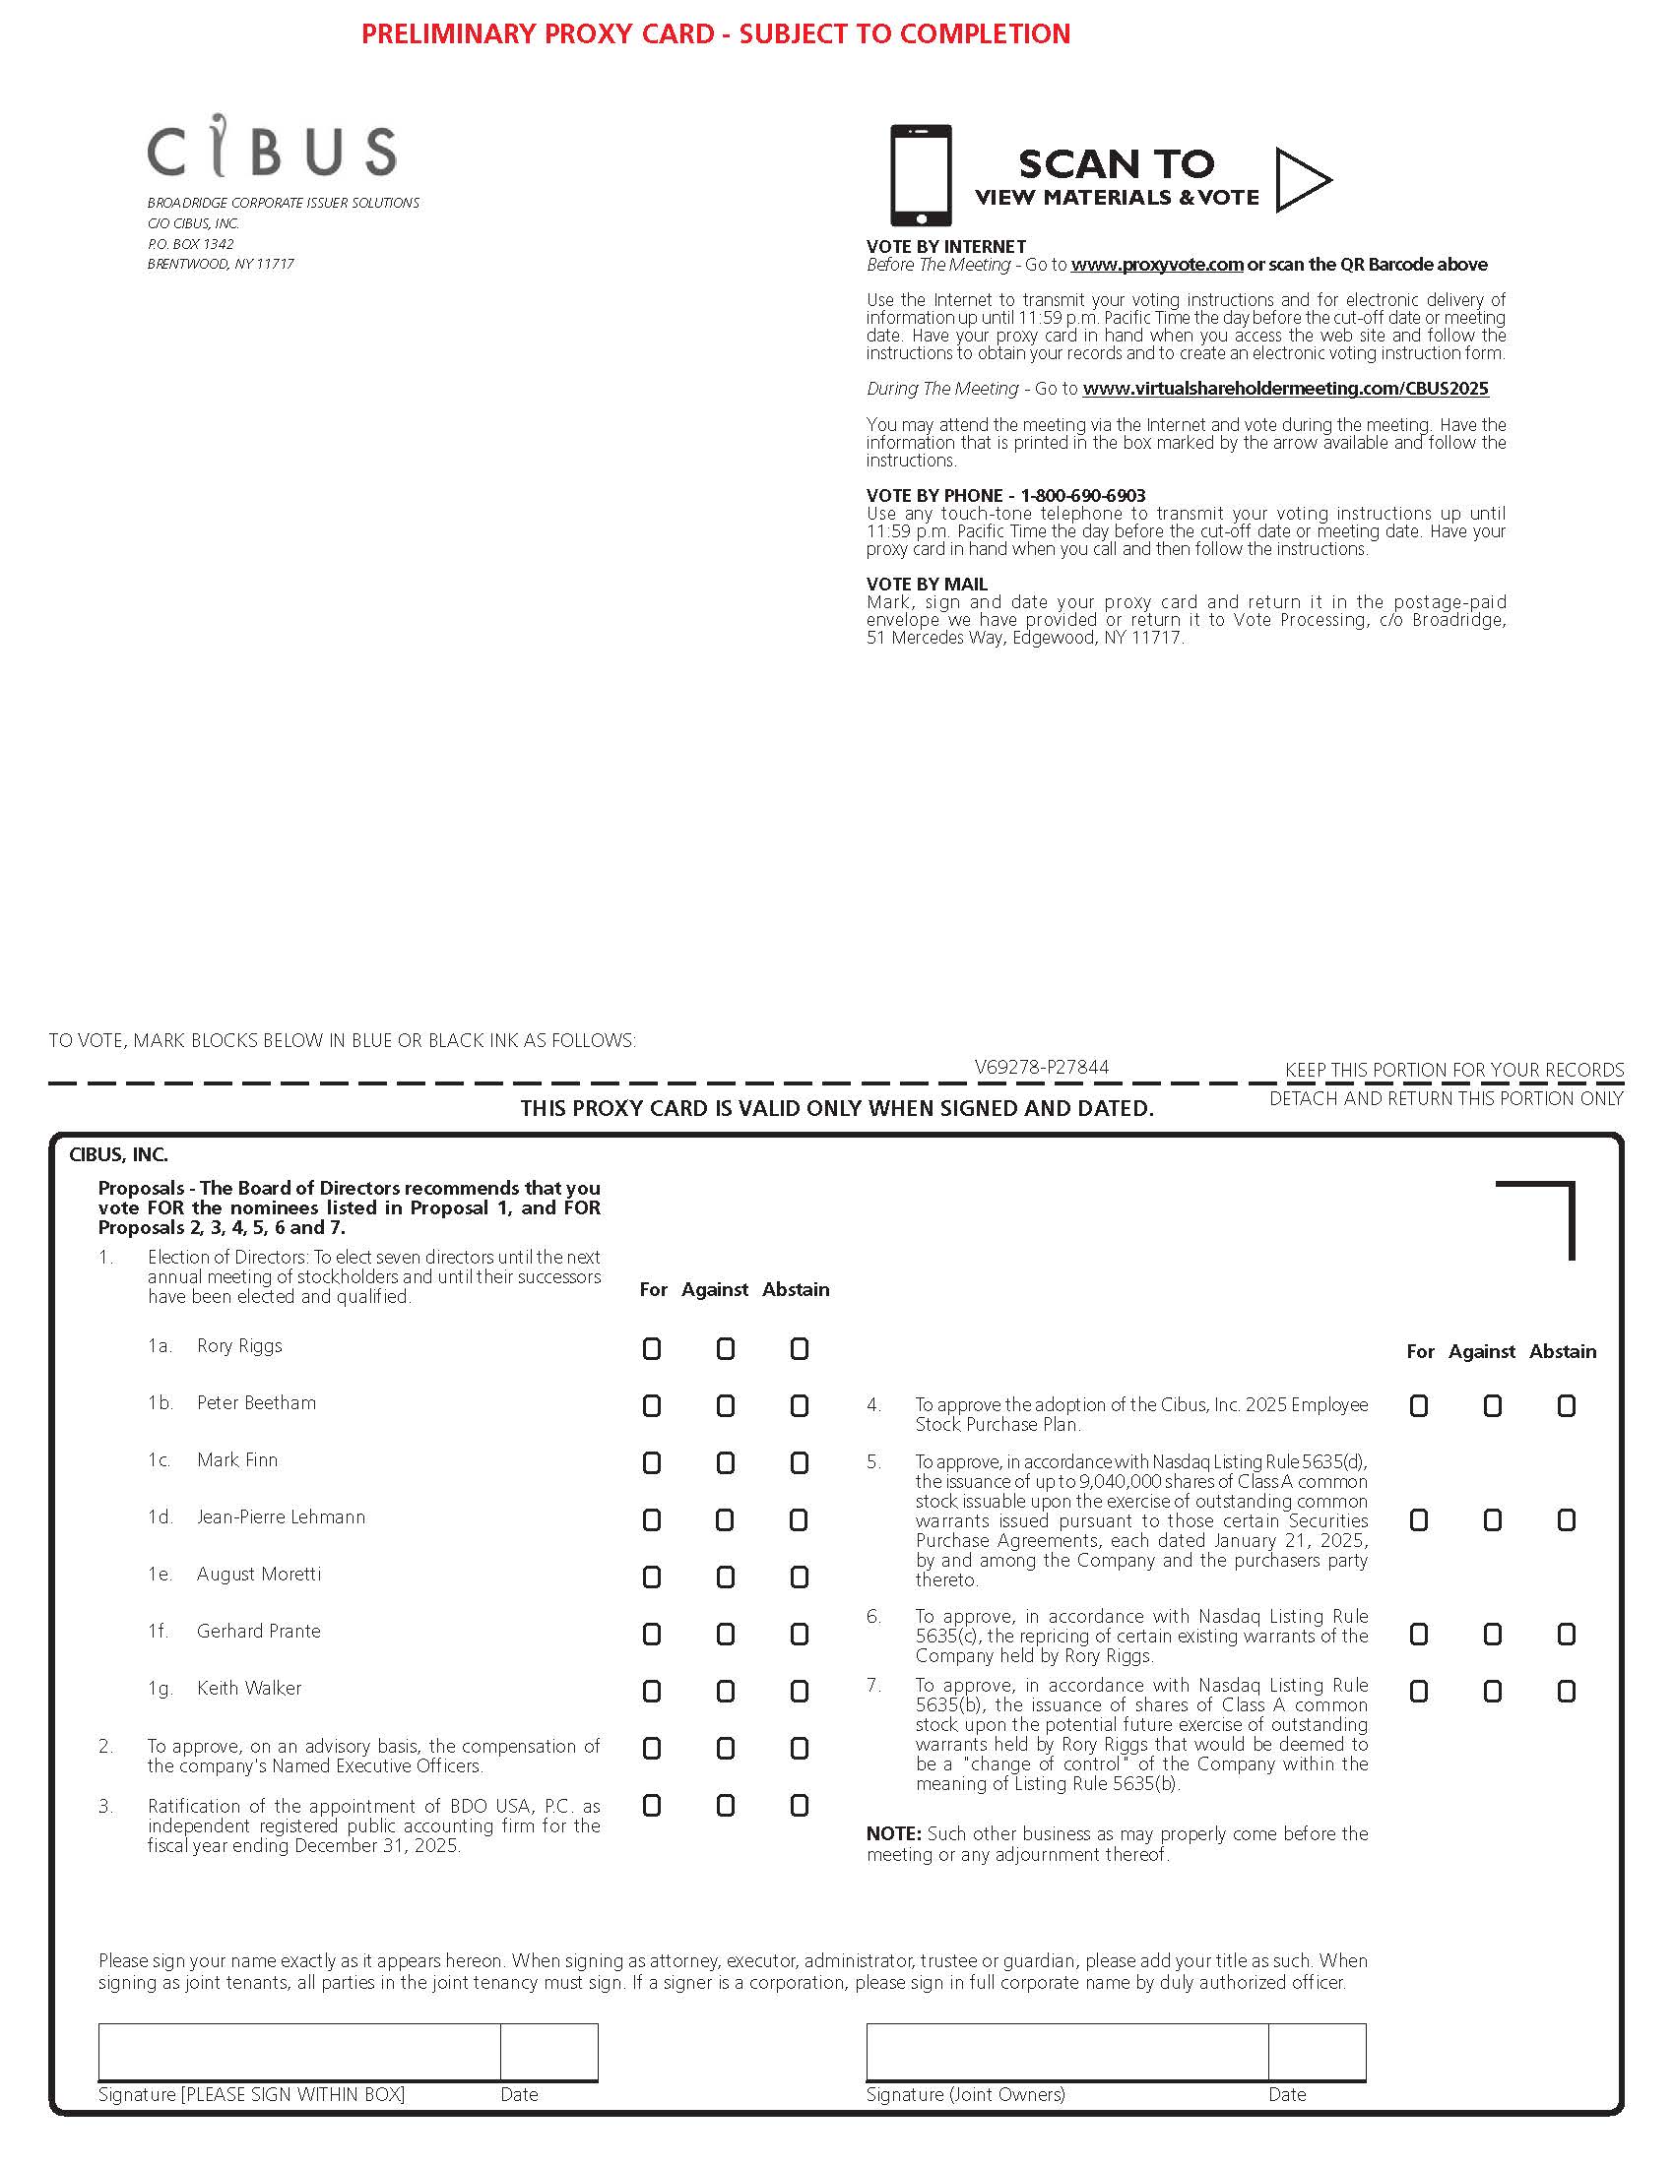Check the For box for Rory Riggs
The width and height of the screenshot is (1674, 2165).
point(652,1348)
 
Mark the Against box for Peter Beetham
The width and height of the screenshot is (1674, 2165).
point(726,1405)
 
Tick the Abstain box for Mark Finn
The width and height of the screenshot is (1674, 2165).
point(800,1462)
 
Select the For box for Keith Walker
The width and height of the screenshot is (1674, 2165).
point(652,1691)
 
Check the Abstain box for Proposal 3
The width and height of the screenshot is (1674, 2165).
point(800,1806)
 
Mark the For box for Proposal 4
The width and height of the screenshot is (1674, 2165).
point(1419,1405)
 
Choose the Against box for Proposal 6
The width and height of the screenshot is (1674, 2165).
point(1493,1634)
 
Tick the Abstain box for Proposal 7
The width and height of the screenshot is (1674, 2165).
point(1567,1691)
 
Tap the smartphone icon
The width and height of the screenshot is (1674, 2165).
point(921,175)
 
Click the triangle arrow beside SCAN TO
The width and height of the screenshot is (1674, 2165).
point(1302,180)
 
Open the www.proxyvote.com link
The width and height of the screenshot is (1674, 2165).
point(1156,265)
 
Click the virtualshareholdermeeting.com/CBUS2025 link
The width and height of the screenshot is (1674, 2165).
point(1285,389)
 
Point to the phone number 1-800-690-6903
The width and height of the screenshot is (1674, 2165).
point(1083,496)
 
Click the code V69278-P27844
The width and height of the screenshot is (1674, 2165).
point(1041,1067)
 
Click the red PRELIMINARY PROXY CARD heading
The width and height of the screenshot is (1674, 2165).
point(715,33)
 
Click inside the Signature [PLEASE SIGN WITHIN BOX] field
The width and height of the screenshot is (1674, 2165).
point(298,2052)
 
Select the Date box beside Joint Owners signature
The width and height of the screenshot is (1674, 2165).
point(1317,2052)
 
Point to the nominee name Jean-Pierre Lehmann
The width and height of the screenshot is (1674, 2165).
point(281,1516)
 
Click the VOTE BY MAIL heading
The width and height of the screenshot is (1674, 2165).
point(927,585)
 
